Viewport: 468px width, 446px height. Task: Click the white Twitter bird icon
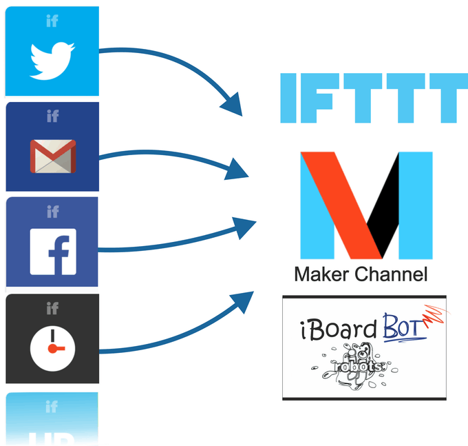52,61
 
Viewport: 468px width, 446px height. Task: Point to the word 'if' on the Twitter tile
52,21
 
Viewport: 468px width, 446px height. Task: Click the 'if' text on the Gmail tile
52,116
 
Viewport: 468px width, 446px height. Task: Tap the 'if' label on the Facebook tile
52,212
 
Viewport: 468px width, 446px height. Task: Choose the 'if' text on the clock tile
52,307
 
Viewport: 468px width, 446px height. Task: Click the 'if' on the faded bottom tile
52,407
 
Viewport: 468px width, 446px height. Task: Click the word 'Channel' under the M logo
392,274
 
